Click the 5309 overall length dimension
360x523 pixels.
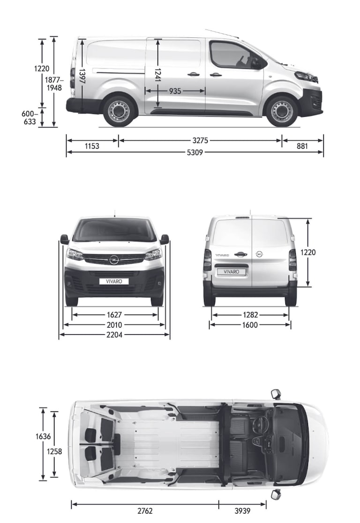coord(195,152)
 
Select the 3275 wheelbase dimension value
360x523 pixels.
coord(200,140)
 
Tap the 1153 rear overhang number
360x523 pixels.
coord(92,146)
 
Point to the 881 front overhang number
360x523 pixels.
coord(302,146)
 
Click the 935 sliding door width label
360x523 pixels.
coord(175,91)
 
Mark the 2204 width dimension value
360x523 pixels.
coord(114,335)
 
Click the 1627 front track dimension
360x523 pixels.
coord(114,315)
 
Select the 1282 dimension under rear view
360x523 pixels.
coord(250,315)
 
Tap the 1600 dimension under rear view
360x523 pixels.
coord(250,325)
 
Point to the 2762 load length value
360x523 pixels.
coord(145,511)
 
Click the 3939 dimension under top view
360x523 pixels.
coord(242,511)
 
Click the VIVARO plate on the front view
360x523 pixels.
coord(114,281)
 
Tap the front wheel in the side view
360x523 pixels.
coord(282,111)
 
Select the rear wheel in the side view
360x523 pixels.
coord(119,111)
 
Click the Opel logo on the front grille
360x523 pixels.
coord(114,260)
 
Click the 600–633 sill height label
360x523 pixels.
coord(29,118)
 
